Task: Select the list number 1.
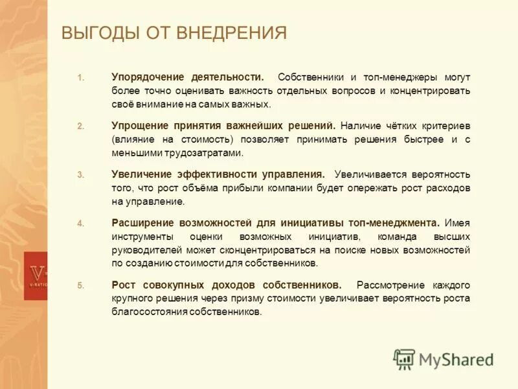click(80, 77)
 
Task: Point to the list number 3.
click(80, 175)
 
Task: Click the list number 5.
click(80, 285)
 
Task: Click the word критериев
click(443, 125)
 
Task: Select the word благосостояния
click(148, 312)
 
